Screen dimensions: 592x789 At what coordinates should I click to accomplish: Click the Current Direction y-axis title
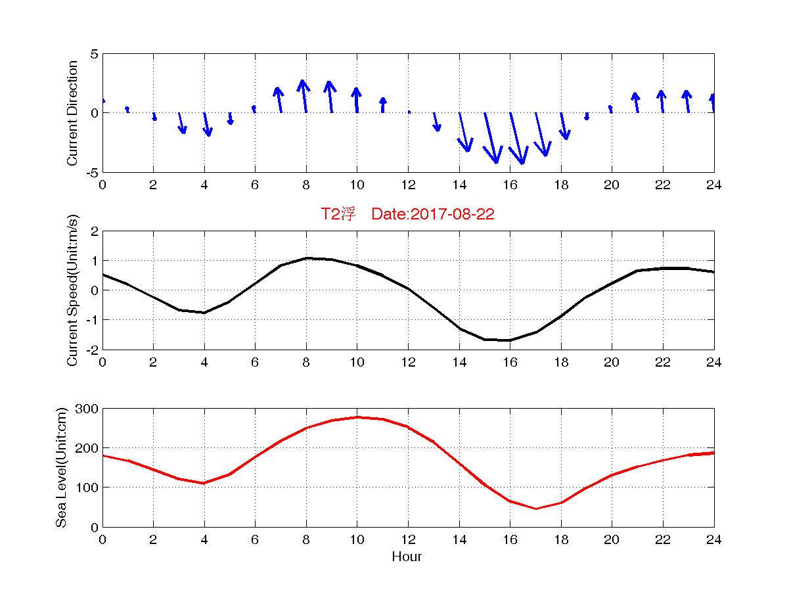pos(73,113)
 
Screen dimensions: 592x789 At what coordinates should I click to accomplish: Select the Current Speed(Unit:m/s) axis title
pos(73,290)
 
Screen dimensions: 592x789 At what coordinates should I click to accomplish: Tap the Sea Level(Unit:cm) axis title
pos(62,467)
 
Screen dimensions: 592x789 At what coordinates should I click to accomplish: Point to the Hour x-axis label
pos(407,557)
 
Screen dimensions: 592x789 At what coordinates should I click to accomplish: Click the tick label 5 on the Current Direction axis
pos(94,54)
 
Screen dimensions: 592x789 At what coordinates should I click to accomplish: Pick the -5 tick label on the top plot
pos(91,172)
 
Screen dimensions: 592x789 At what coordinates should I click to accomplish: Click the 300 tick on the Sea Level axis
pos(87,409)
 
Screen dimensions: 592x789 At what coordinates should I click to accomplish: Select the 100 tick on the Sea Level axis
pos(87,488)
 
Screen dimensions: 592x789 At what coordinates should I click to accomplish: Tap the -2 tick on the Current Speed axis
pos(91,350)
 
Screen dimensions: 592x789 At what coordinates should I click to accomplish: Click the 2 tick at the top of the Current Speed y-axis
pos(94,231)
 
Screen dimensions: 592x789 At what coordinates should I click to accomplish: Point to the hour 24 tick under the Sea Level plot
pos(713,540)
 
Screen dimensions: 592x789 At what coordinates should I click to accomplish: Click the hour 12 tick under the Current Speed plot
pos(408,363)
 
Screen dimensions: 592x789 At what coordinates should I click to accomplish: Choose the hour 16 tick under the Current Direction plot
pos(510,185)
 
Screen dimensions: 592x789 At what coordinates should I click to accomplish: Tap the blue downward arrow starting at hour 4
pos(207,124)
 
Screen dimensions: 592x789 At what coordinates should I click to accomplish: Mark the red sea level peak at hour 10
pos(357,417)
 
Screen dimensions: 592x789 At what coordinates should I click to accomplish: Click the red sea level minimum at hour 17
pos(535,509)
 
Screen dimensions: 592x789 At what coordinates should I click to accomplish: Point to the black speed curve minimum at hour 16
pos(510,340)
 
